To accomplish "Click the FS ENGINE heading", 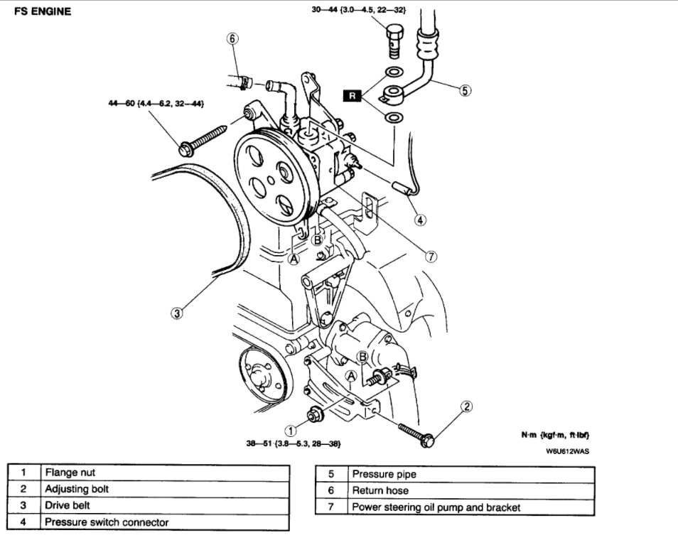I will (x=43, y=12).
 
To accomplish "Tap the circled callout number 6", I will (x=232, y=38).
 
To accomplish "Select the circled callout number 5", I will (x=465, y=90).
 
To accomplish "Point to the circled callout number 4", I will (x=421, y=220).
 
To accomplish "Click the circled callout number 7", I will (x=431, y=257).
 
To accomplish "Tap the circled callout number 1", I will (x=291, y=429).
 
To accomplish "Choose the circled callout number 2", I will (x=466, y=406).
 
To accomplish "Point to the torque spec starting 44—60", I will (x=152, y=104).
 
